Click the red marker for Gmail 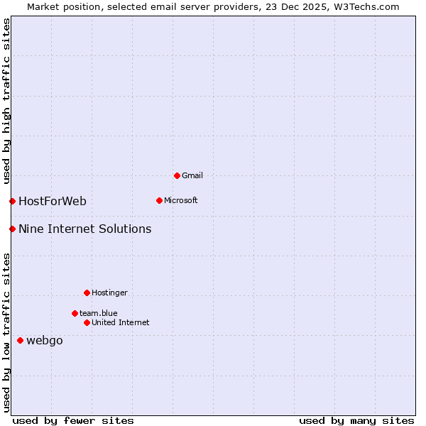click(177, 175)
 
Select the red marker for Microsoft click(159, 200)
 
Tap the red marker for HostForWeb click(12, 201)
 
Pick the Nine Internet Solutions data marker click(12, 229)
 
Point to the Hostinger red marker click(87, 293)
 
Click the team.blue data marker click(75, 313)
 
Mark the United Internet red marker click(87, 322)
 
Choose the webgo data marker click(20, 340)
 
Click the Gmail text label click(192, 175)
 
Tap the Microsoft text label click(181, 200)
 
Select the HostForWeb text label click(53, 201)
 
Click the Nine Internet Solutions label click(85, 229)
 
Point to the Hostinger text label click(110, 293)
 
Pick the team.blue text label click(99, 313)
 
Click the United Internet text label click(121, 322)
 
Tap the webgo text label click(45, 340)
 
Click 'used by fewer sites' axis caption click(73, 420)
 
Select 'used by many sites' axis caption click(356, 420)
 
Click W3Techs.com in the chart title click(366, 6)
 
